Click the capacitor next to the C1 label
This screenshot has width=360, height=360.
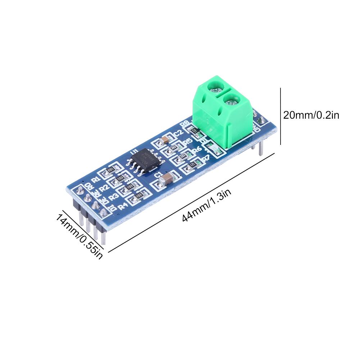click(168, 178)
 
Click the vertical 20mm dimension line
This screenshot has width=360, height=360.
click(280, 115)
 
